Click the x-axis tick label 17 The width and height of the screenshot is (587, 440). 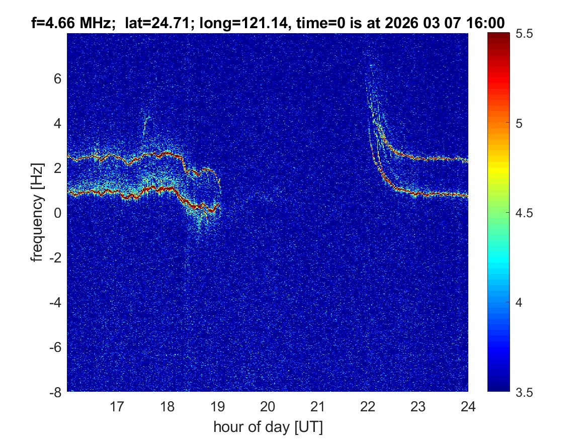click(117, 406)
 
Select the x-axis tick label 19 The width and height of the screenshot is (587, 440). click(217, 406)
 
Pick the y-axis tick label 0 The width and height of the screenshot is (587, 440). click(57, 213)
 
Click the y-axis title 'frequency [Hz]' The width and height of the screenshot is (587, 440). click(37, 213)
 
